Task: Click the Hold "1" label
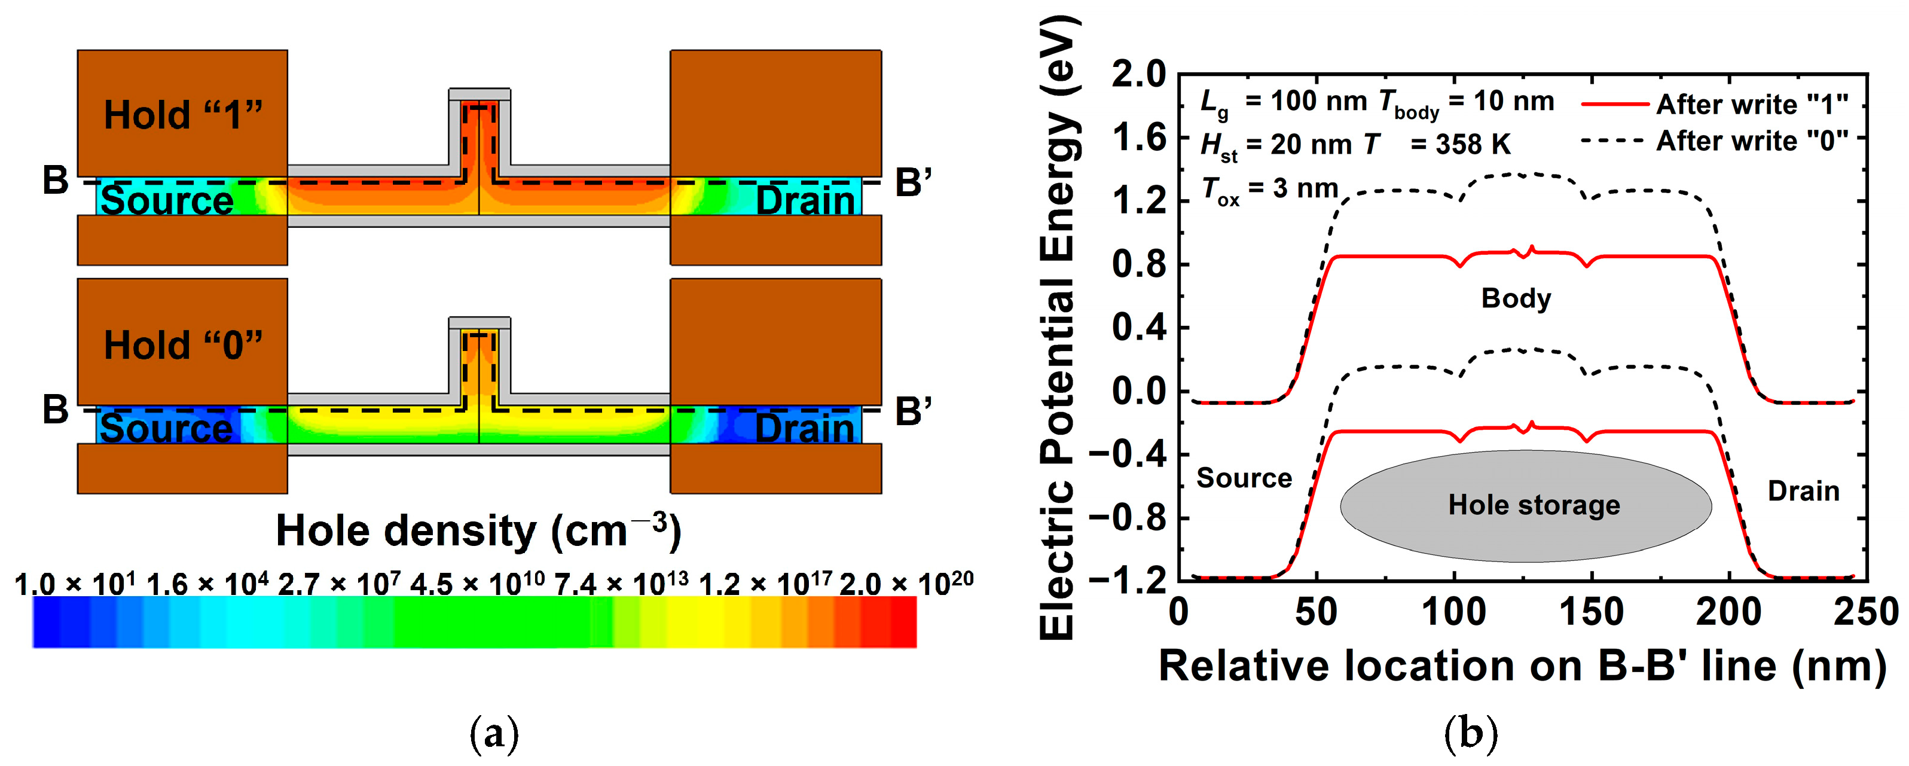coord(183,115)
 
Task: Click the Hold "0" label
coord(183,345)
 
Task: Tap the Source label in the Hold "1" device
coord(167,201)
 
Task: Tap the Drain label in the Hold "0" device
coord(805,429)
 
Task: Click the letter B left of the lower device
coord(56,410)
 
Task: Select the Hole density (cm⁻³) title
coord(478,531)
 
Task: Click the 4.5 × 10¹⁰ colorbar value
coord(477,584)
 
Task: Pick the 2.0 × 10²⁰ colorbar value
coord(906,584)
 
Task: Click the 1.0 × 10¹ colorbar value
coord(75,584)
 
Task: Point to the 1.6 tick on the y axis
coord(1139,139)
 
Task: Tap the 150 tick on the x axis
coord(1590,612)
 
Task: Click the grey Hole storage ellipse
coord(1526,506)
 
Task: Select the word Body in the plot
coord(1516,298)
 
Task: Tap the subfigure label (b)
coord(1471,734)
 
